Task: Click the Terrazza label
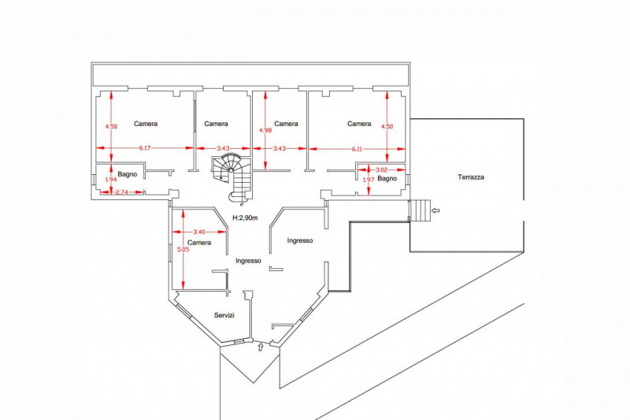pos(471,177)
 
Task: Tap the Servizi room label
pos(224,315)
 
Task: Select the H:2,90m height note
pos(245,217)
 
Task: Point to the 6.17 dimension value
pos(145,148)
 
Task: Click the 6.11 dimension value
pos(357,149)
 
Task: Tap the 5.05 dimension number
pos(183,249)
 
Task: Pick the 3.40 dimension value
pos(199,232)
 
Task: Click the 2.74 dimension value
pos(121,192)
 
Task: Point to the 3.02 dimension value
pos(381,170)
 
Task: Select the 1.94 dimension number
pos(111,180)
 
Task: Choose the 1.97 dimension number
pos(369,180)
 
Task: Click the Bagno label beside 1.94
pos(128,174)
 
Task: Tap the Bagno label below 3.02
pos(387,178)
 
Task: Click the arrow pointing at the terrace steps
pos(435,210)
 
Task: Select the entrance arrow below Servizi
pos(261,347)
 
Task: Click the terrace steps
pos(420,210)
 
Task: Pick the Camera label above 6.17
pos(146,124)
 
